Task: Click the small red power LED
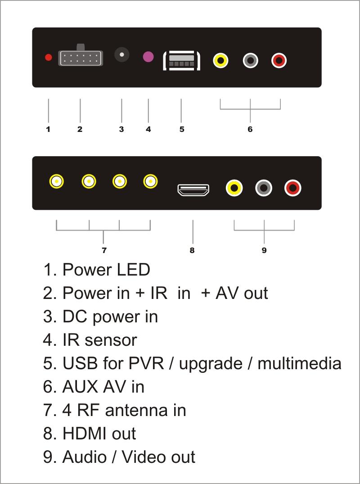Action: coord(48,58)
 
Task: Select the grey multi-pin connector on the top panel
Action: coord(81,58)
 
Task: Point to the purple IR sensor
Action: coord(148,57)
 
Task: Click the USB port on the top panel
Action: coord(181,60)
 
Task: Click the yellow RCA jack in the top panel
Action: coord(220,60)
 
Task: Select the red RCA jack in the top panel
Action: coord(279,60)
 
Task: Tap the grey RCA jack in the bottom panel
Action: coord(264,188)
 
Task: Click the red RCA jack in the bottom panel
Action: coord(293,188)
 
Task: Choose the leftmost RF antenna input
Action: coord(57,181)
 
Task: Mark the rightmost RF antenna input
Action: coord(150,181)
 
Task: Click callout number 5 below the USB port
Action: coord(182,130)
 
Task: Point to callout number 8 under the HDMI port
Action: coord(192,250)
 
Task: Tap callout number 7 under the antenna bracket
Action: coord(104,250)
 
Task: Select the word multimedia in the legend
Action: coord(299,363)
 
